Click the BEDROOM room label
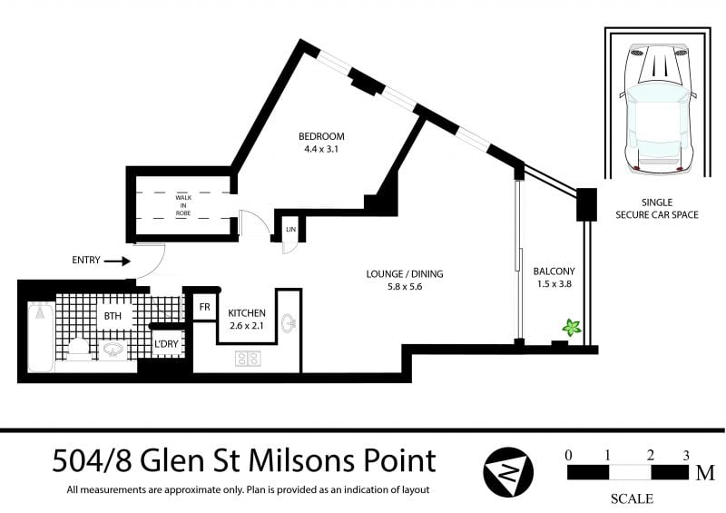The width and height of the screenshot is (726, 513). coord(321,136)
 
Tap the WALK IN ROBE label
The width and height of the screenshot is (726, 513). coord(183,205)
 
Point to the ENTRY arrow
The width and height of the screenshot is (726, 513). coord(117,261)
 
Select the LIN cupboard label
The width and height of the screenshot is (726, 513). coord(290,230)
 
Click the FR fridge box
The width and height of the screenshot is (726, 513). coord(205,307)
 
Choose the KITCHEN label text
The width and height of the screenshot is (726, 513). coord(247,313)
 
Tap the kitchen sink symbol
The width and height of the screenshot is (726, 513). coord(289,323)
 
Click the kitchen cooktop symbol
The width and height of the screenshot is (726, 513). coord(248,359)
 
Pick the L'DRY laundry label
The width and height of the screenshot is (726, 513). coord(166,344)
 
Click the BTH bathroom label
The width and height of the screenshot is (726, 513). coord(113,316)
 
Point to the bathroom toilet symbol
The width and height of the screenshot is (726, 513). coord(78,349)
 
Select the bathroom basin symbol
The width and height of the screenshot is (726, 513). coord(113,350)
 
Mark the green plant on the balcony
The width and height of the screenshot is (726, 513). coord(572,328)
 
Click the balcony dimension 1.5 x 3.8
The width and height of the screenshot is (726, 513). coord(554,283)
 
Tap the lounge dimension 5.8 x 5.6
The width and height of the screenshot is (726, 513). coord(405,286)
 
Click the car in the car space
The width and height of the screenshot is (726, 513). coord(657,108)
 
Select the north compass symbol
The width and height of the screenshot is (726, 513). coord(508,472)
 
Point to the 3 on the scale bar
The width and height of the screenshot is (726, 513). coord(686,455)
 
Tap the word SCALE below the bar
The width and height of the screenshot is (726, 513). coord(632,498)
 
